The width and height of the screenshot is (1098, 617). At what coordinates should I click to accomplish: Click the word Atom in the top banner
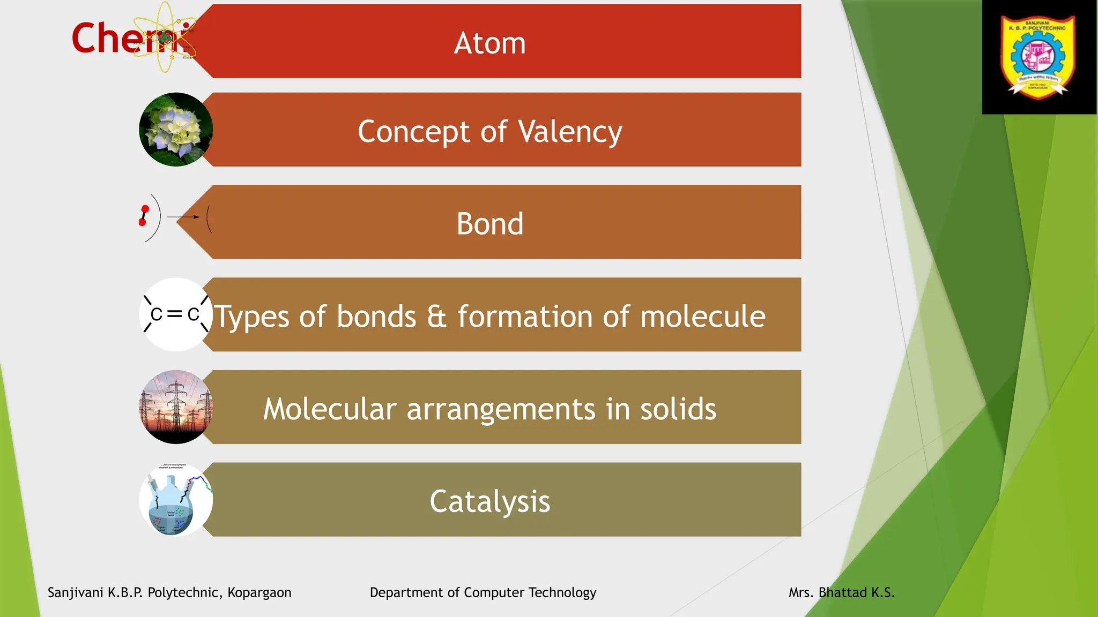click(x=489, y=43)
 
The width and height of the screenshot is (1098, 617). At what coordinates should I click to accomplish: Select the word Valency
click(x=570, y=132)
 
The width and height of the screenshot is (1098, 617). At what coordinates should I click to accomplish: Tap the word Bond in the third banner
click(x=489, y=224)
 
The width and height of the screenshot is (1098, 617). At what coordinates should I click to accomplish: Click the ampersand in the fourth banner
click(x=436, y=316)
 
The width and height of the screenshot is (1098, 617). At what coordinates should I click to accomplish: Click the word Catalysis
click(x=489, y=501)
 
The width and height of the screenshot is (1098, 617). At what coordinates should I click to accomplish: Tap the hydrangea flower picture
click(x=175, y=130)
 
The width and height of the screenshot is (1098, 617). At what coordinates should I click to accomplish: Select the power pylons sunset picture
click(x=175, y=407)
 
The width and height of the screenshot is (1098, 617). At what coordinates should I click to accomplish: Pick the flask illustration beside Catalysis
click(x=175, y=500)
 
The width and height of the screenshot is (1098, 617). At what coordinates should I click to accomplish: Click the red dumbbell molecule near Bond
click(x=144, y=215)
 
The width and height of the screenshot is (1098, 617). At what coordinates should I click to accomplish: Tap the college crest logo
click(x=1038, y=57)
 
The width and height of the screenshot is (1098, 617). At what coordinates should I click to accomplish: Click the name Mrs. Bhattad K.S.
click(x=841, y=592)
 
